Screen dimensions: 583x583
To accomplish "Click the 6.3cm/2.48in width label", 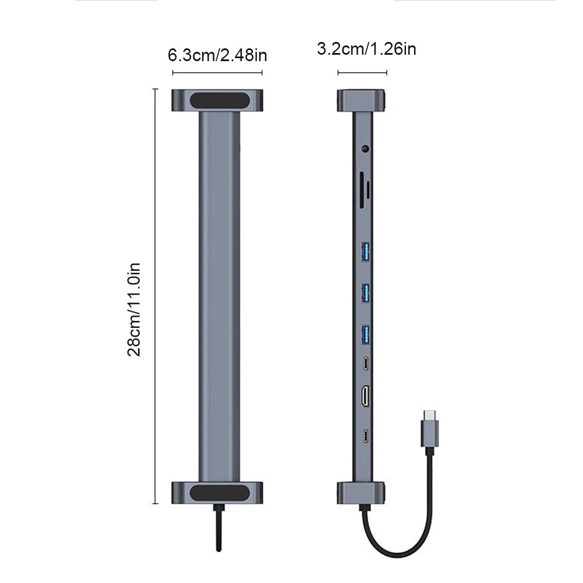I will click(x=217, y=55).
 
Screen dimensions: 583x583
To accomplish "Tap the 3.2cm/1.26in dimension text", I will click(x=366, y=49).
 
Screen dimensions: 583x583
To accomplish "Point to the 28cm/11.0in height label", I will click(x=135, y=309).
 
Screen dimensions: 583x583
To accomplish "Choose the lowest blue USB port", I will click(x=366, y=333).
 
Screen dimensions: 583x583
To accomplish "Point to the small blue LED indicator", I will click(x=364, y=464).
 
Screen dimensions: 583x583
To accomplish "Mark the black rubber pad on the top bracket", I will click(x=217, y=100).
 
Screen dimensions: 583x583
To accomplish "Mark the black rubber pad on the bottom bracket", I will click(x=217, y=492).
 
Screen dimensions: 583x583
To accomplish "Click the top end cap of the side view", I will click(x=362, y=100).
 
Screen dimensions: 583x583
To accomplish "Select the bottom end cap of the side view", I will click(x=362, y=493).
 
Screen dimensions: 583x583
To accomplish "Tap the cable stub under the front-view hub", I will click(x=217, y=527).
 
